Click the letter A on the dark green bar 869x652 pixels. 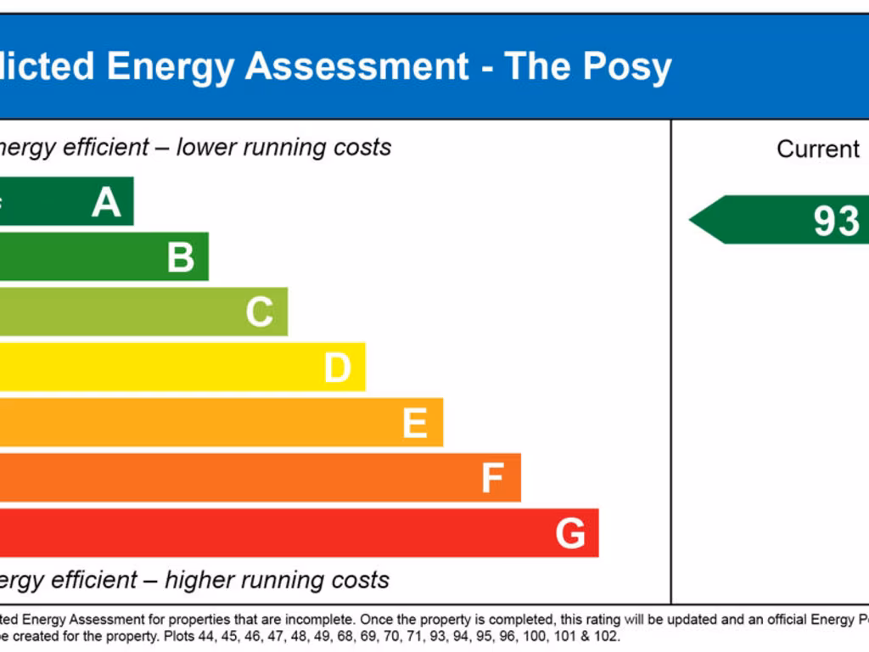107,202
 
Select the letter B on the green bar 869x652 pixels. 181,257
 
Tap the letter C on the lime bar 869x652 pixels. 260,312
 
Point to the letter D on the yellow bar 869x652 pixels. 337,368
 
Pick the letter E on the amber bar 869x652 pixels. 414,423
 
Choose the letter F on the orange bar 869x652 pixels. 492,478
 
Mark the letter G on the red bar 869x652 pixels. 570,534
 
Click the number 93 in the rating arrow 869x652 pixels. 836,221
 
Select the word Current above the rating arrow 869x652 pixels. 818,149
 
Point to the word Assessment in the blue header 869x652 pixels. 356,66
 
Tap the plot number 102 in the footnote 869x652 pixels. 608,636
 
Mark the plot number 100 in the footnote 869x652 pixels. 535,636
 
